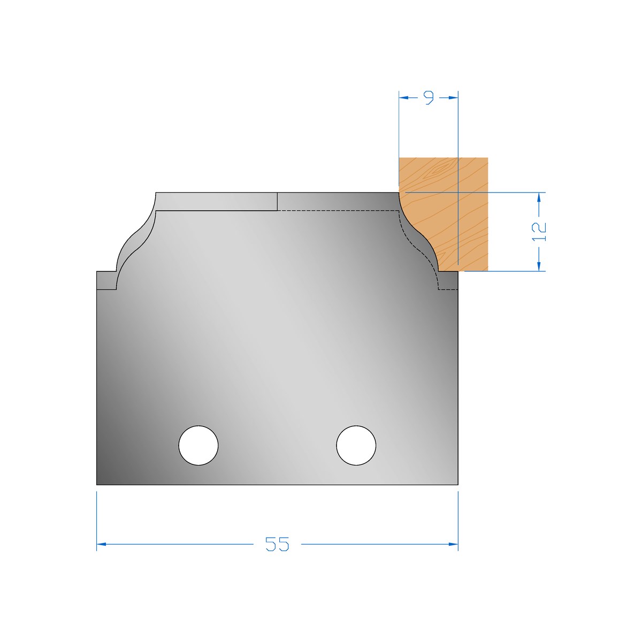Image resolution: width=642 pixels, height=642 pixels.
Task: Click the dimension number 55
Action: pos(277,544)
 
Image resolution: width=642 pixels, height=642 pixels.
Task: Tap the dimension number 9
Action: pos(429,98)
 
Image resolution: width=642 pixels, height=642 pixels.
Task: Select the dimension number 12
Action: pos(540,231)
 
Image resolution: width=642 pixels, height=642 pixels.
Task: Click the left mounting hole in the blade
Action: pos(198,445)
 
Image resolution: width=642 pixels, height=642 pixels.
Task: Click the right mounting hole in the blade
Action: pos(356,445)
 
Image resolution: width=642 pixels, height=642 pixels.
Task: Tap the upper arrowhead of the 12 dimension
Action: pos(539,196)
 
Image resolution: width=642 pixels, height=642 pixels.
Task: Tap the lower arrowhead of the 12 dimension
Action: pos(539,266)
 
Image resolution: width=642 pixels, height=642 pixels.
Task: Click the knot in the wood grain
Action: pos(439,171)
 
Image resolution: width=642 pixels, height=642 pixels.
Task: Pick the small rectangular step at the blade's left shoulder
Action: pos(106,280)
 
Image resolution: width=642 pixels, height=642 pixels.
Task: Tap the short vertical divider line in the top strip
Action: pos(277,202)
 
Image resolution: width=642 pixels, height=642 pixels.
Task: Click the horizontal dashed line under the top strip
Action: pos(337,211)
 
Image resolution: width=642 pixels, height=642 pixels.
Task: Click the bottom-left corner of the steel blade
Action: pos(97,485)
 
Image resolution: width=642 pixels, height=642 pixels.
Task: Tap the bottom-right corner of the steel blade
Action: pos(458,485)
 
